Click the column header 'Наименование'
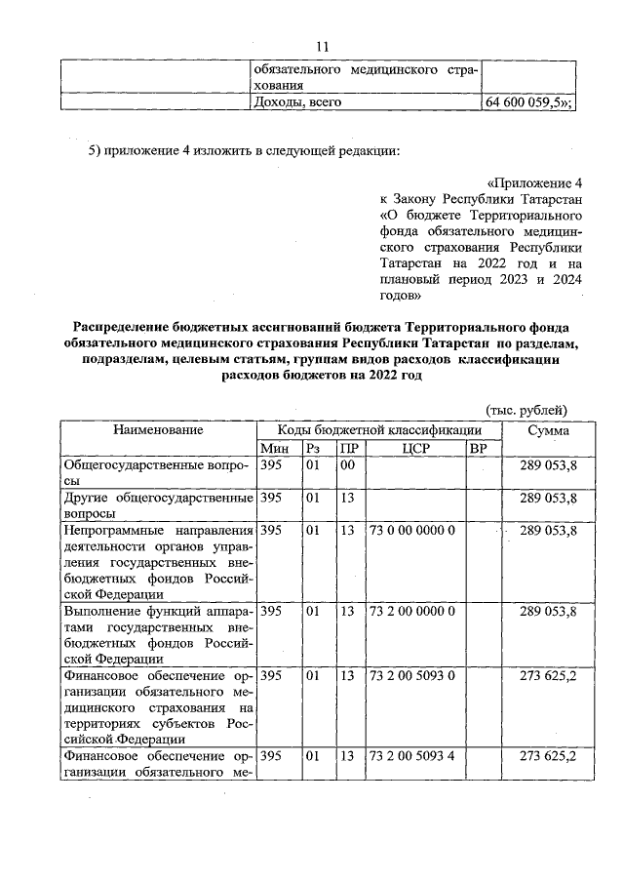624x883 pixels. (x=158, y=430)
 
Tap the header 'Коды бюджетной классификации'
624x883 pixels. (x=378, y=430)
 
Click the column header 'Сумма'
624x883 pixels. (x=549, y=430)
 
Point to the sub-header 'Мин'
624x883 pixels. (x=275, y=449)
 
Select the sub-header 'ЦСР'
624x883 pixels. (x=415, y=449)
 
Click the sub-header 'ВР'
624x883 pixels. (x=478, y=449)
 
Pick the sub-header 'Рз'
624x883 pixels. (x=312, y=449)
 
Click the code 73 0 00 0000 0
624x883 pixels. (x=412, y=530)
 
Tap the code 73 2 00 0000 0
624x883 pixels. (x=412, y=611)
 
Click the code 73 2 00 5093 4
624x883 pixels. (x=412, y=756)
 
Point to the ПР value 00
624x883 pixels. (x=346, y=466)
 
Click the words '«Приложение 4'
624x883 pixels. (x=534, y=183)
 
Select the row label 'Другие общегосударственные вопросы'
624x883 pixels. (x=158, y=505)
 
